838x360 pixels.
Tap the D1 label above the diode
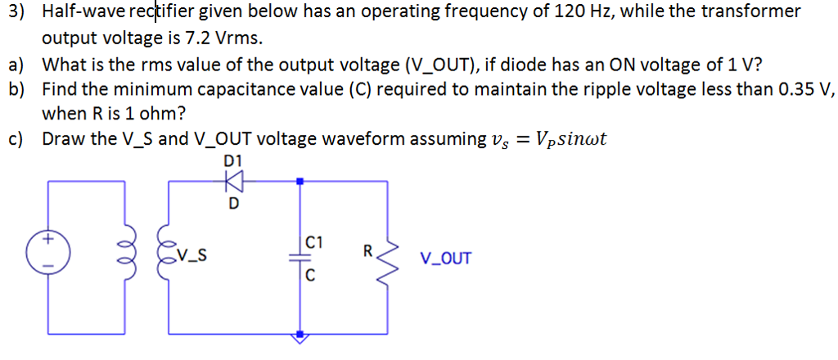(232, 161)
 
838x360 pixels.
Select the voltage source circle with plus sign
(47, 253)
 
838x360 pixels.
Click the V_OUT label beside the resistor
(445, 259)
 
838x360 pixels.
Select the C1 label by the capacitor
(314, 242)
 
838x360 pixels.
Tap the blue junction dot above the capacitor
(300, 181)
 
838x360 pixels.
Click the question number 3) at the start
(16, 12)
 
